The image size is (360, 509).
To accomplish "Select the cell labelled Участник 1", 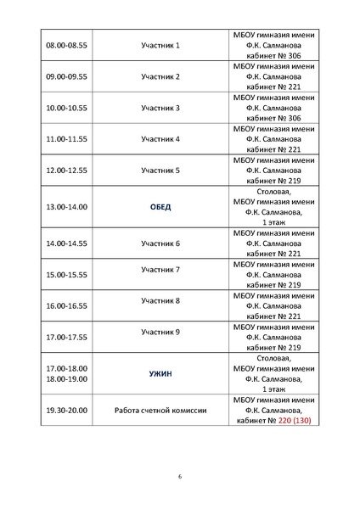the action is [x=160, y=44].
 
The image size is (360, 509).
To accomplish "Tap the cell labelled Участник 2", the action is [x=160, y=76].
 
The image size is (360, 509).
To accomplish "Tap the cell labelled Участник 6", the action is [x=160, y=243].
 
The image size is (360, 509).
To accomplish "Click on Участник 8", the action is [x=160, y=300].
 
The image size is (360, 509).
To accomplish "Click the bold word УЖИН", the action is [x=160, y=373].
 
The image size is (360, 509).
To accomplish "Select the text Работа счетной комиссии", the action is [x=160, y=410].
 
